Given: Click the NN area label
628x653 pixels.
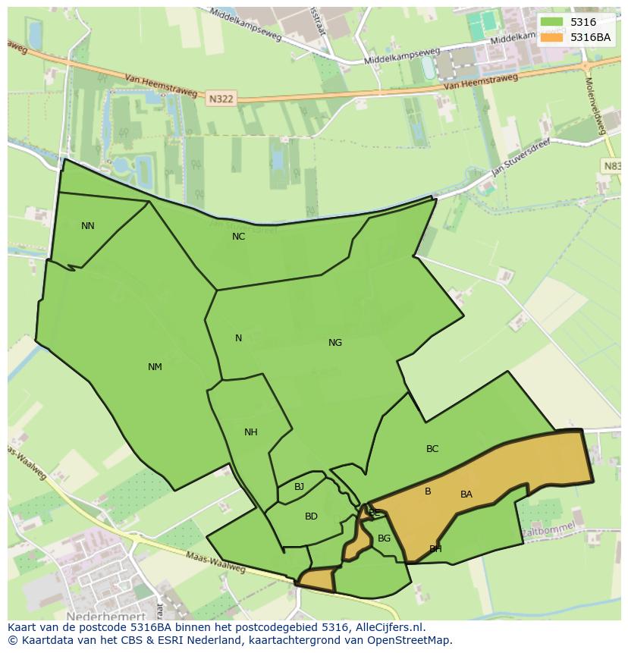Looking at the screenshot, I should coord(88,226).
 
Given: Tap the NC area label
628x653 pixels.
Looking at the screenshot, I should coord(239,237).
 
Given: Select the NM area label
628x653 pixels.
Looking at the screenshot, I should coord(155,367).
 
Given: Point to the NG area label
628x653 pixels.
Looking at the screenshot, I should coord(335,343).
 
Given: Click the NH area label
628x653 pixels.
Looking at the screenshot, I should coord(251,432).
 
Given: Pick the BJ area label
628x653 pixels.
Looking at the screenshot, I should coord(300,487).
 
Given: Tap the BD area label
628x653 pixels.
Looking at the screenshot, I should coord(311,516).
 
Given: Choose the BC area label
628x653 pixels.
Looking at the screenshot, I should coord(432,449).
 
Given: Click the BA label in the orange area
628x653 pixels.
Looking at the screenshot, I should coord(466,494).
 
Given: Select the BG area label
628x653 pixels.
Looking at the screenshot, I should coord(385,538).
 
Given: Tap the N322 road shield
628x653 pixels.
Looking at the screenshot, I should coord(221,98).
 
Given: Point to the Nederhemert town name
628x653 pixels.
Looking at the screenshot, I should coord(105,617).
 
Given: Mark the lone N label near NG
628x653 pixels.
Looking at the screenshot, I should coord(238,338).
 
